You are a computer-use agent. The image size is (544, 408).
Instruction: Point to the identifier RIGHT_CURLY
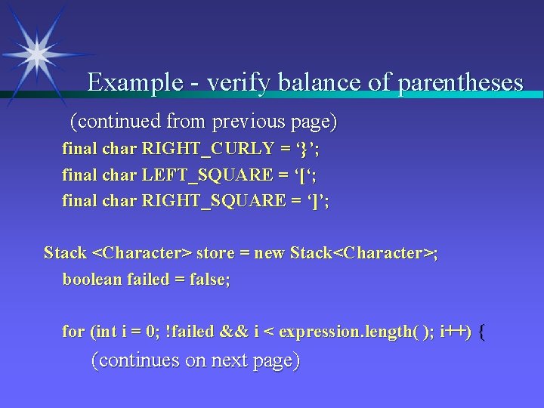click(x=204, y=149)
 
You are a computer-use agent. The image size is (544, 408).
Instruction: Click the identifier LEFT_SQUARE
click(x=208, y=175)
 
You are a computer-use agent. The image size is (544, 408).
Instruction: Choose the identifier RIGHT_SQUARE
click(x=211, y=201)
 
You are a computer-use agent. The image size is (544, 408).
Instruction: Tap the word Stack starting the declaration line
click(x=65, y=252)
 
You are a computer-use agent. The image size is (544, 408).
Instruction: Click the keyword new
click(x=270, y=252)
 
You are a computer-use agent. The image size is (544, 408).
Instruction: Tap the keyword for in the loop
click(x=73, y=331)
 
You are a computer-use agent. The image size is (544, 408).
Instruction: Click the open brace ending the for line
click(x=484, y=331)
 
